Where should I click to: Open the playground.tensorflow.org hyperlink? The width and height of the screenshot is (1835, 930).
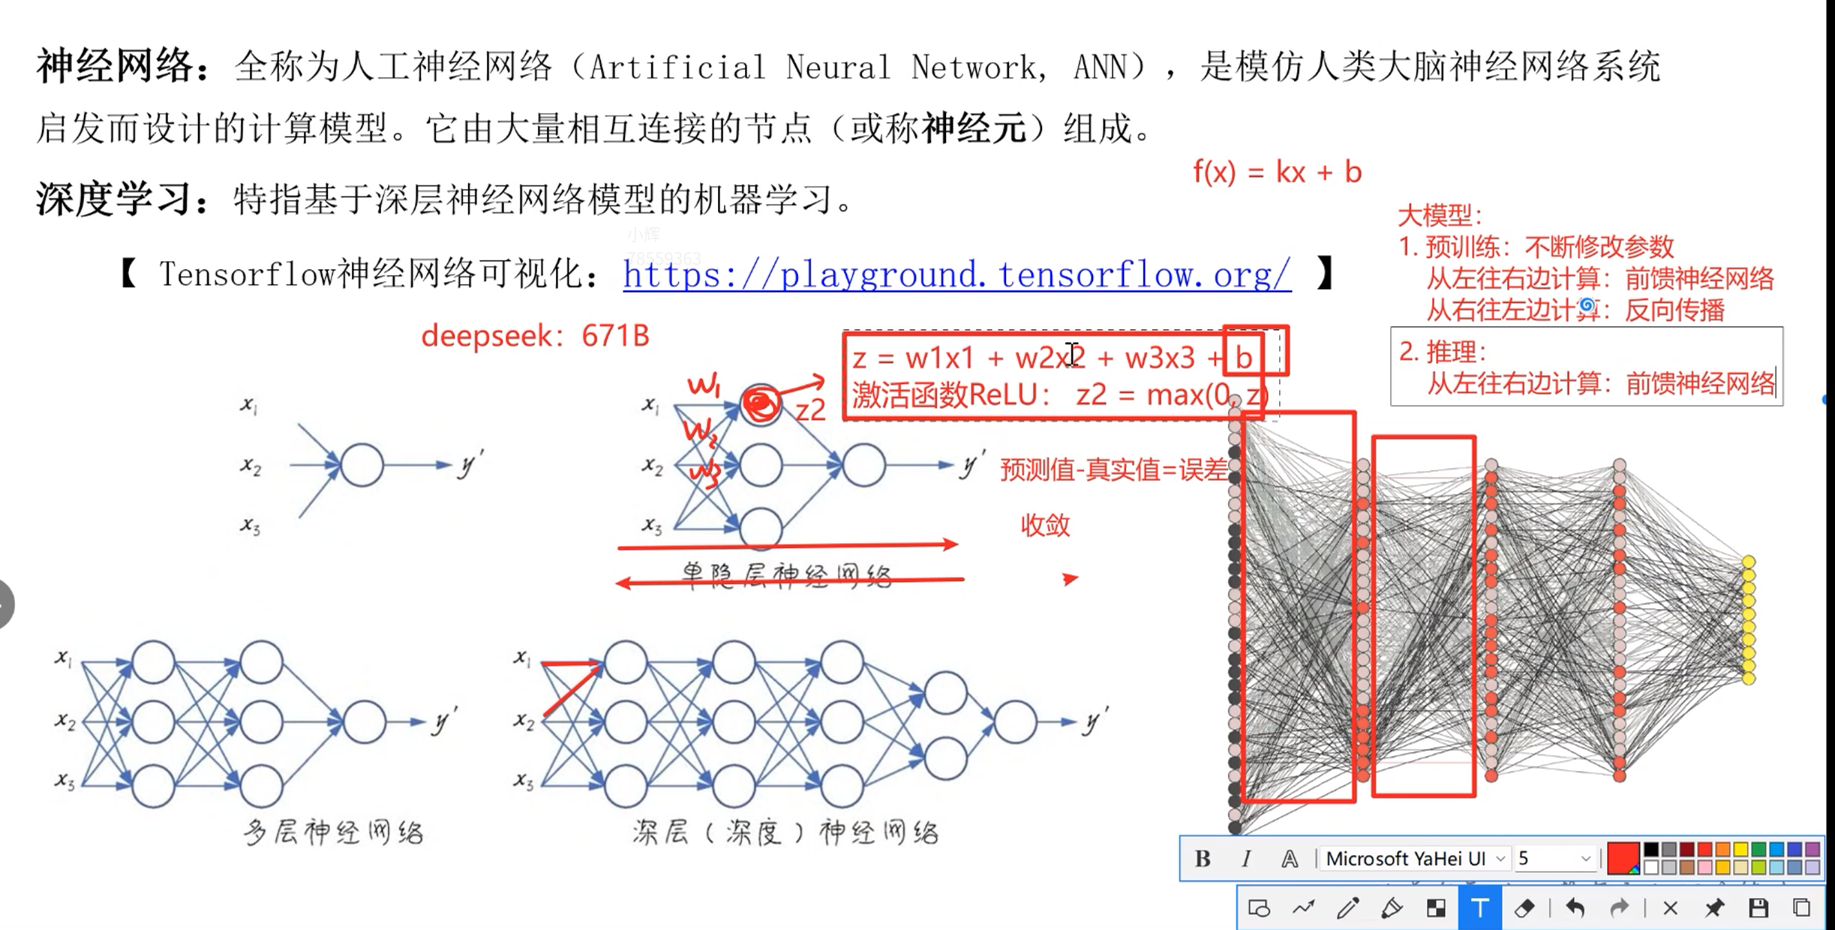(957, 275)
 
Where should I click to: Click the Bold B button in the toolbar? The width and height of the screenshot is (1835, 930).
(1203, 859)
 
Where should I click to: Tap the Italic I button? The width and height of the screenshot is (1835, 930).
(1246, 859)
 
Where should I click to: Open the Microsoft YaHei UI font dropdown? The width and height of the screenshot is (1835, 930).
(1415, 859)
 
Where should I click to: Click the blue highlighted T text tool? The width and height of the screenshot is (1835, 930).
(1479, 908)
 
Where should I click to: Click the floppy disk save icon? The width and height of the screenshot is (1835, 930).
(1758, 908)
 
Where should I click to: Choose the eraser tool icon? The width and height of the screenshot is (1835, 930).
(1524, 908)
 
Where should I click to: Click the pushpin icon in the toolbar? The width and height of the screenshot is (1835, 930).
(1714, 908)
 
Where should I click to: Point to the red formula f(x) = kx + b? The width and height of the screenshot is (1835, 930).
(1277, 172)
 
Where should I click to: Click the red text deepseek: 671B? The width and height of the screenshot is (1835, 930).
(535, 336)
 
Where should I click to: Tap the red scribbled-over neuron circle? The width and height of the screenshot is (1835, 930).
(761, 405)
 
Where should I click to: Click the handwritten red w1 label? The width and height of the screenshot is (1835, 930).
(704, 385)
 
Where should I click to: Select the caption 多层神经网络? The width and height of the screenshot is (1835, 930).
(334, 832)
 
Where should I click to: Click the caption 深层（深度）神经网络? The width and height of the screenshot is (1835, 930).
(785, 832)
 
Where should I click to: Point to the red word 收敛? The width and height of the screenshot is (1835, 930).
(1045, 525)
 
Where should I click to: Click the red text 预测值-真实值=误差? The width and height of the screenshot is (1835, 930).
(1114, 470)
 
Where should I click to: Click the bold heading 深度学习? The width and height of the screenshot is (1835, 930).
(117, 199)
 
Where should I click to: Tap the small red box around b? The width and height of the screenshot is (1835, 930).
(1255, 351)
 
